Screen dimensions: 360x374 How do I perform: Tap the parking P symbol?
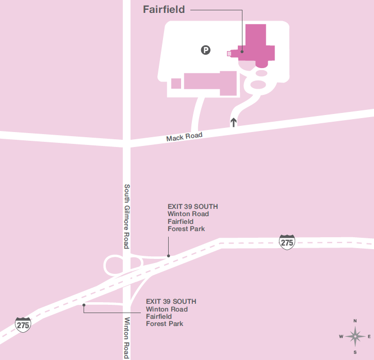coord(206,50)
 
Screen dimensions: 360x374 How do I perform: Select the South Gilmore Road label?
coord(126,216)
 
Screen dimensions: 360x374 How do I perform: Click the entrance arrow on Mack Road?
coord(234,122)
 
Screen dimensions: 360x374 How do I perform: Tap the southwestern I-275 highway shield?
coord(23,324)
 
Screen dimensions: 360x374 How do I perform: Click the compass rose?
coord(355,337)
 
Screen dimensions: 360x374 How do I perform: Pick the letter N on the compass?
coord(355,321)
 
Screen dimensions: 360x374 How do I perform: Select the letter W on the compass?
coord(340,337)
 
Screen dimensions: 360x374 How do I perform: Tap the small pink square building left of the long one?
coord(176,83)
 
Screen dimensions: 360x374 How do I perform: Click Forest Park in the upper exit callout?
coord(186,228)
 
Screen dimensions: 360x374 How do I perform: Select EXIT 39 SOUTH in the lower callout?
coord(171,301)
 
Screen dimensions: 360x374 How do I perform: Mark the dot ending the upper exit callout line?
coord(168,255)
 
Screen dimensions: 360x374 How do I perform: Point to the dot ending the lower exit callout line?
coord(84,305)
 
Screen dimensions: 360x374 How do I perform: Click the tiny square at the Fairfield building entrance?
coord(229,53)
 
